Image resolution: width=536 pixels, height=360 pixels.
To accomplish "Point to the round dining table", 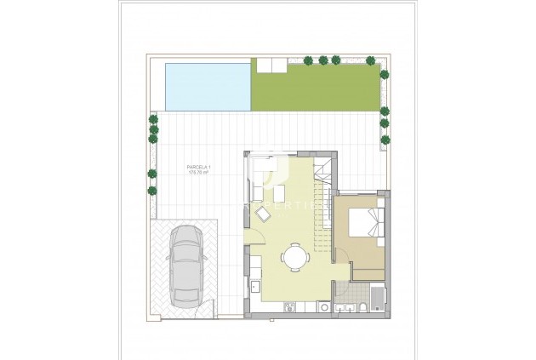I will tap(295, 256).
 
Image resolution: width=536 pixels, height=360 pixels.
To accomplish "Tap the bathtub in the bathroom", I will tap(378, 300).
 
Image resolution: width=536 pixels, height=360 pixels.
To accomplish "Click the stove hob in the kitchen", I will tap(288, 307).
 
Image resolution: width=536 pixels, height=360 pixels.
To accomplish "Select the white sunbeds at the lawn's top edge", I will tap(265, 65).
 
